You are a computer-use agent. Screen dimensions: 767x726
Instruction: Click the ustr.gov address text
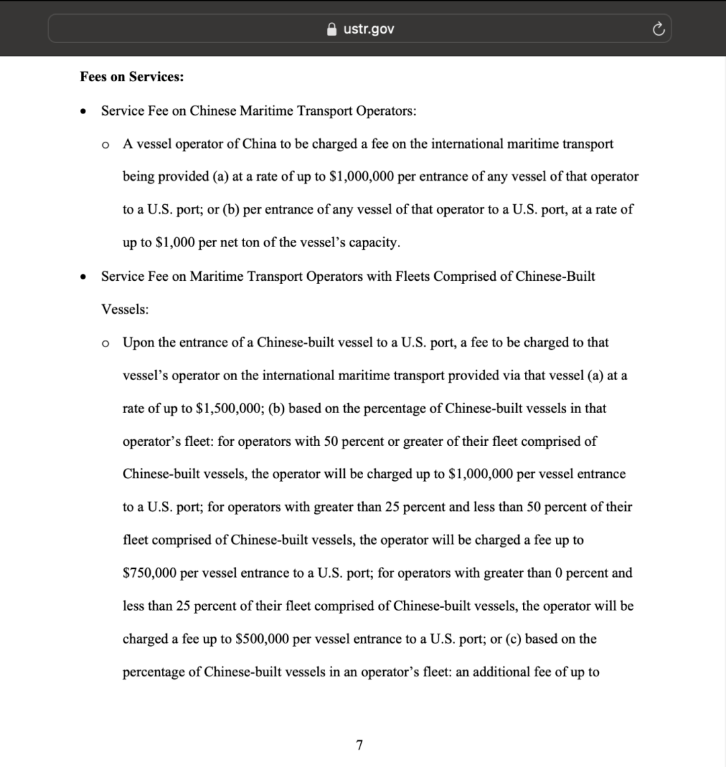point(369,29)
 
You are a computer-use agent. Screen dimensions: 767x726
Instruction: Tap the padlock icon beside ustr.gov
point(331,29)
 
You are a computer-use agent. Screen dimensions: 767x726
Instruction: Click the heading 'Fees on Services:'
point(132,77)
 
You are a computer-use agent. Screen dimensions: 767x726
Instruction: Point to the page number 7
point(360,745)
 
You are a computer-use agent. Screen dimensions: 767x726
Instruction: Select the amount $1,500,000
point(229,408)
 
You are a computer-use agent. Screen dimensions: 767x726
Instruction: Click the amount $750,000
point(150,573)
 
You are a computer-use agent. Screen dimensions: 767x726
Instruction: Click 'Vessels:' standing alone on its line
point(125,309)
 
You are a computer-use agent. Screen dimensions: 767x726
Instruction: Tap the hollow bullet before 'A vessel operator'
point(105,144)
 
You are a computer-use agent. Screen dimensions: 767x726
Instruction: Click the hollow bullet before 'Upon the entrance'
point(105,343)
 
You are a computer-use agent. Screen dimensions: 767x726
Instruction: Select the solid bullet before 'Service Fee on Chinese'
point(83,111)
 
